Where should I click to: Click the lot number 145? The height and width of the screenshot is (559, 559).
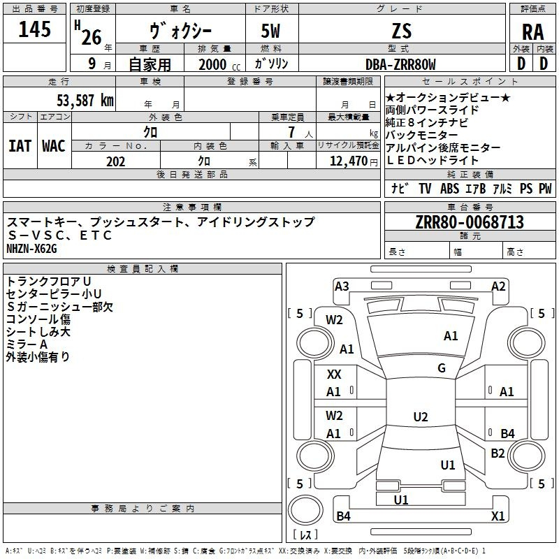(x=34, y=29)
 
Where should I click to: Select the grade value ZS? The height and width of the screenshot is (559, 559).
(x=402, y=31)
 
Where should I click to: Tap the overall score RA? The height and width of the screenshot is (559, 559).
(x=532, y=32)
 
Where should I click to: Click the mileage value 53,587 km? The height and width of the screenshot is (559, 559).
(x=85, y=100)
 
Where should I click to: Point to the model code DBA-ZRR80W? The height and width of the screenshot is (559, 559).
(x=400, y=64)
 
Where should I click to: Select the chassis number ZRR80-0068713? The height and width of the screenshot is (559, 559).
(x=470, y=222)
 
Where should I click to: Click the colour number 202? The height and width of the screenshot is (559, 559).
(x=115, y=161)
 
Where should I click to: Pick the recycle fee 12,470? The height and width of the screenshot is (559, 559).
(x=348, y=161)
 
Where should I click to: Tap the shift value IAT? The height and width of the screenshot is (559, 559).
(x=20, y=146)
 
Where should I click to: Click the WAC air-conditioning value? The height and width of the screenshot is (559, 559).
(x=54, y=146)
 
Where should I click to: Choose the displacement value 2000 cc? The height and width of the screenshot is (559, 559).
(x=219, y=64)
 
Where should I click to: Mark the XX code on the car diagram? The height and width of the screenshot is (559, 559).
(x=334, y=375)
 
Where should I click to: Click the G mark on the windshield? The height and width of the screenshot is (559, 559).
(x=442, y=368)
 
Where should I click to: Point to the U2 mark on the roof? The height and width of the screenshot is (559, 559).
(x=421, y=416)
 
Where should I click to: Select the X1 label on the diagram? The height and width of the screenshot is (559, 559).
(x=498, y=516)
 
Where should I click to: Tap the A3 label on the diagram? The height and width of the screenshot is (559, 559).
(x=342, y=286)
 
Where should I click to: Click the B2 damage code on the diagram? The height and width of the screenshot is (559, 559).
(x=498, y=453)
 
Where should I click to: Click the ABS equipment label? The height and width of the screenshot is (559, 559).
(x=449, y=188)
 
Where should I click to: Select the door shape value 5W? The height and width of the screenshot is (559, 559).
(x=270, y=31)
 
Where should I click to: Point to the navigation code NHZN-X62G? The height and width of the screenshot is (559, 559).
(x=31, y=249)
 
